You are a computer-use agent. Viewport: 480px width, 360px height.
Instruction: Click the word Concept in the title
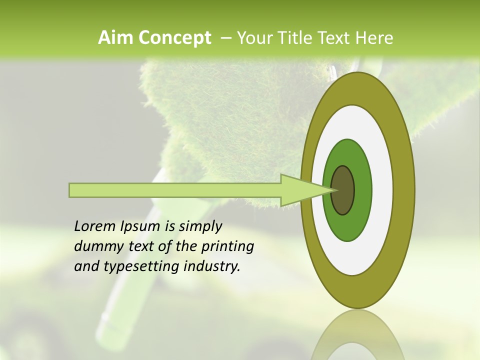point(174,38)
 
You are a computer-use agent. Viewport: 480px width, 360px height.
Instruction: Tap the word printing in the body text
point(227,247)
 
